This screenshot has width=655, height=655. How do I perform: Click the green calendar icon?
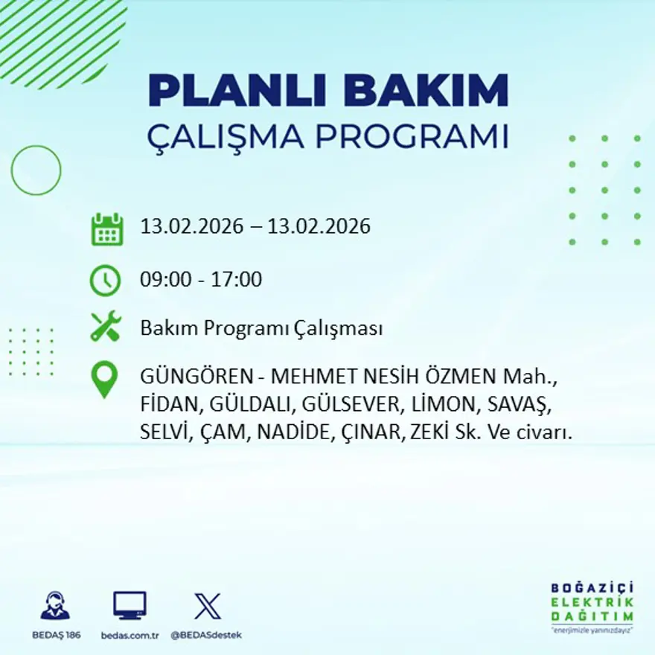[106, 229]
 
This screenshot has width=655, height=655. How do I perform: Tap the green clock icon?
[105, 281]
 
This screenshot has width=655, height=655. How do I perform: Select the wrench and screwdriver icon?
[105, 327]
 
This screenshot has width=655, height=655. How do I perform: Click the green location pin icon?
[104, 379]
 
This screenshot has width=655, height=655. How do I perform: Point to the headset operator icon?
[55, 605]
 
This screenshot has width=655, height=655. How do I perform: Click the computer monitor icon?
[130, 605]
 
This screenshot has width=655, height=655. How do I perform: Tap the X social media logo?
[207, 606]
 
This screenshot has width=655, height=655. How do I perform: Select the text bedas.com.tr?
[130, 635]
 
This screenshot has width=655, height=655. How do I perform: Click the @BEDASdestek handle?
[206, 635]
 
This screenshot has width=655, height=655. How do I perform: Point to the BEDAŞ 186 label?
[56, 635]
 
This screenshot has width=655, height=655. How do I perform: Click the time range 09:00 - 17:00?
[201, 280]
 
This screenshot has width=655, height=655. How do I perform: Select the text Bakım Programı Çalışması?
[261, 328]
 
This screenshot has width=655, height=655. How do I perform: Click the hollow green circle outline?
[36, 170]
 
